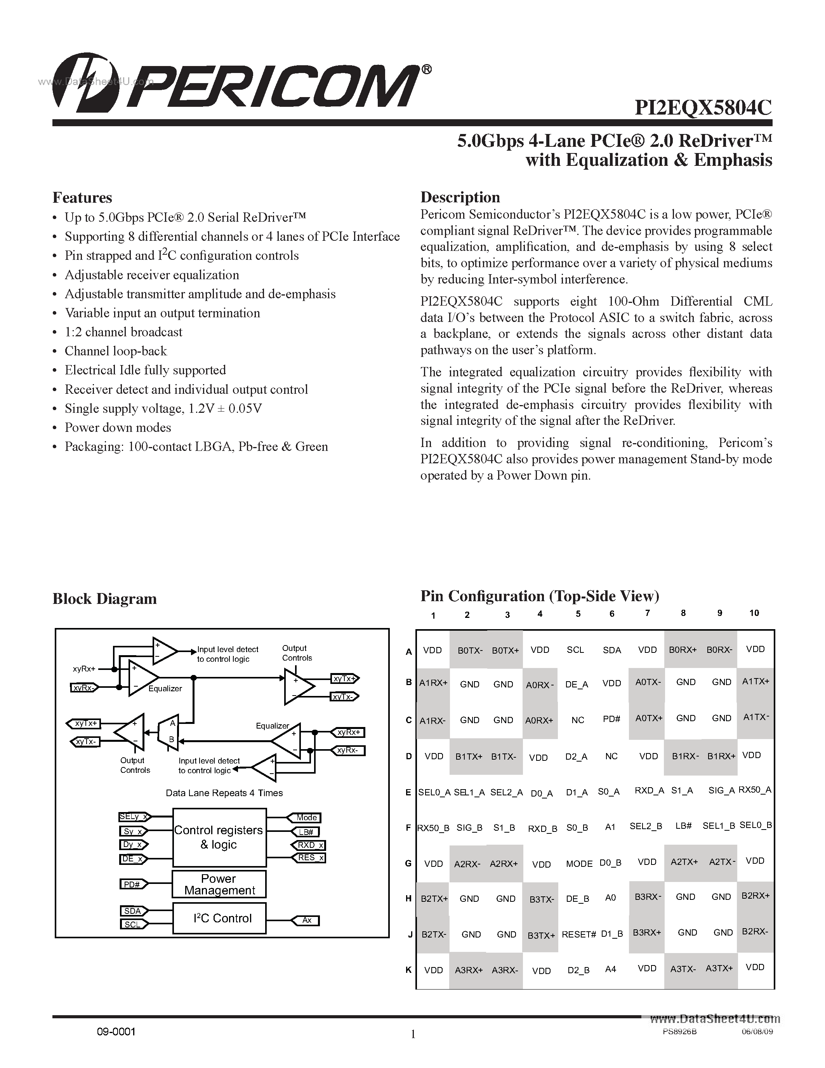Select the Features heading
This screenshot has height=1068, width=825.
click(82, 198)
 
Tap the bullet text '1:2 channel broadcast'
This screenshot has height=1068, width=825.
click(123, 332)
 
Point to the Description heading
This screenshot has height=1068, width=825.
click(460, 197)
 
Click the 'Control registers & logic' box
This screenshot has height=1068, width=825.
click(219, 837)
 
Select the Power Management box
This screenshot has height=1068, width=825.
click(219, 884)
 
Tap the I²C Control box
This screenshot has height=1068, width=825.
click(219, 918)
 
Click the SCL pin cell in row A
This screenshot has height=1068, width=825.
click(575, 650)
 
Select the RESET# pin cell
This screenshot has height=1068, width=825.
click(579, 934)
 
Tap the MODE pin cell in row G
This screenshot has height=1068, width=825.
click(579, 864)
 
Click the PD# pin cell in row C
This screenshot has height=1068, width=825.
click(611, 719)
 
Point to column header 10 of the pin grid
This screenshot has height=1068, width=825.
click(754, 613)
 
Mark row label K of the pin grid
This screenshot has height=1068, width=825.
click(408, 970)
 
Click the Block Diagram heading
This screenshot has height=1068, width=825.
click(104, 599)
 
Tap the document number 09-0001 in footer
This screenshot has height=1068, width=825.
click(115, 1032)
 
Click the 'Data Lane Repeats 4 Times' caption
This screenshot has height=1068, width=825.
click(224, 793)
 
